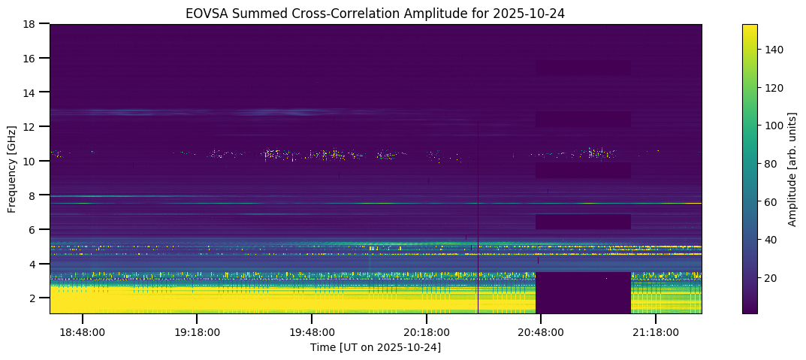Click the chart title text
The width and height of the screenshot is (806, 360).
pyautogui.click(x=376, y=13)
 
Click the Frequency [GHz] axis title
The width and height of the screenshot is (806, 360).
pyautogui.click(x=12, y=168)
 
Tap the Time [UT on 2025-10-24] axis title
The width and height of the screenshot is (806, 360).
pyautogui.click(x=376, y=347)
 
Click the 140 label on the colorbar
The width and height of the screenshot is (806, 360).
pyautogui.click(x=774, y=50)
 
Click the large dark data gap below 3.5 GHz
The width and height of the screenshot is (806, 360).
pyautogui.click(x=583, y=292)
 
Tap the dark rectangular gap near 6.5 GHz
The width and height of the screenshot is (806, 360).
pyautogui.click(x=583, y=222)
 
